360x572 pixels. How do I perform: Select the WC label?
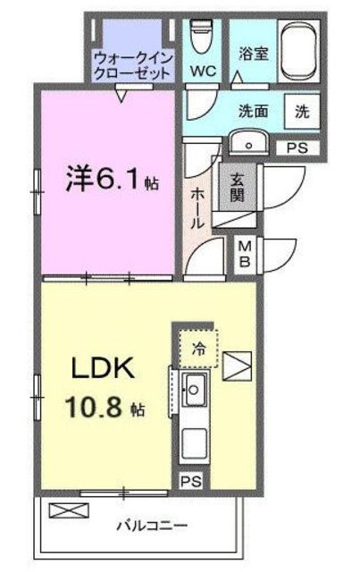click(x=203, y=71)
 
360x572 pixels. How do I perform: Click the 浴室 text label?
click(x=254, y=54)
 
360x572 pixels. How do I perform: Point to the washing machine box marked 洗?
click(x=302, y=112)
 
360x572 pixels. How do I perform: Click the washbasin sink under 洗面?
click(x=248, y=143)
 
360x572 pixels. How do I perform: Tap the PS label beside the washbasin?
click(x=297, y=148)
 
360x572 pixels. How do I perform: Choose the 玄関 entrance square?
click(x=238, y=188)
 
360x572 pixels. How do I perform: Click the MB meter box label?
click(x=245, y=254)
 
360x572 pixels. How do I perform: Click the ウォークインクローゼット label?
click(x=132, y=65)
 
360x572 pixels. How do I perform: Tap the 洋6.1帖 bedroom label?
click(x=113, y=179)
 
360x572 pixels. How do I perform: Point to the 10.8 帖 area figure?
click(x=105, y=407)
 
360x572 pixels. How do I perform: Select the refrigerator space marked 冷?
click(x=198, y=349)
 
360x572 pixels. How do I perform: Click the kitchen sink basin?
click(x=195, y=390)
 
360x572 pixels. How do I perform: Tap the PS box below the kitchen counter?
click(x=191, y=481)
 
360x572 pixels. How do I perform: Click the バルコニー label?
click(x=152, y=526)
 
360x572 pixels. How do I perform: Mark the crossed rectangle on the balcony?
click(x=69, y=510)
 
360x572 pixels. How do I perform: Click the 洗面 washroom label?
click(x=254, y=111)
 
